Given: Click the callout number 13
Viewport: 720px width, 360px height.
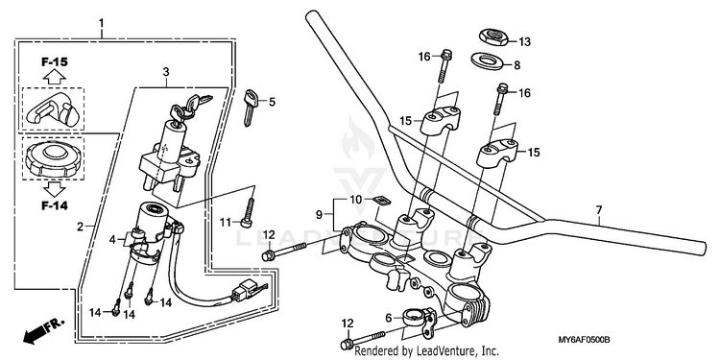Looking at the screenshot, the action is tap(524, 42).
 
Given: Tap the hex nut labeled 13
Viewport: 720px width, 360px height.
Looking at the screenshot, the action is tap(493, 36).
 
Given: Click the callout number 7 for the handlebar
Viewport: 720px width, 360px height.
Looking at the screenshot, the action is tap(599, 210).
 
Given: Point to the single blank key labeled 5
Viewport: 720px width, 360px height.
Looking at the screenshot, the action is tap(250, 108).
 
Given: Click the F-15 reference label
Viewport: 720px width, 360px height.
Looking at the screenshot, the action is tap(55, 62).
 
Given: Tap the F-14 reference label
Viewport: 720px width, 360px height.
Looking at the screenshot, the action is tap(55, 205).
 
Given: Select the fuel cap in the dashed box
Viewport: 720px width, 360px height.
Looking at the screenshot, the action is tap(54, 158).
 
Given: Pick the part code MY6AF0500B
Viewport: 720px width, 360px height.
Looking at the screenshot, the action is tap(584, 340).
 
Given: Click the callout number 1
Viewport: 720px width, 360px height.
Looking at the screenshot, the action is tap(102, 22).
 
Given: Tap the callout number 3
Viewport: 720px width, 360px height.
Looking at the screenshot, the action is tap(166, 72).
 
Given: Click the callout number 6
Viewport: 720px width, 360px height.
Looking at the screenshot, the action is tap(389, 318).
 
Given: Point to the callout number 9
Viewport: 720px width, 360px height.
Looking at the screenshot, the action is tap(319, 214).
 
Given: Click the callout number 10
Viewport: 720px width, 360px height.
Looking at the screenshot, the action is tap(356, 200).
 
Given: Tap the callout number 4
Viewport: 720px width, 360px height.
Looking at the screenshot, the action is tap(112, 239).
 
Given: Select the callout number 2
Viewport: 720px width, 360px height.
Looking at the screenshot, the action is tap(80, 227).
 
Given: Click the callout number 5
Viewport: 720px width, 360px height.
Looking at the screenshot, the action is tap(272, 102).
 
